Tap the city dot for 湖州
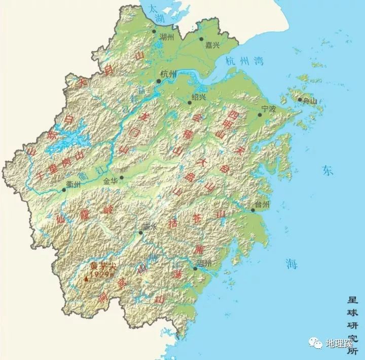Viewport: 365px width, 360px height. (154, 31)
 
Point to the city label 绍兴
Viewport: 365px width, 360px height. (199, 96)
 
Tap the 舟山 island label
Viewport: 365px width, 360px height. (309, 101)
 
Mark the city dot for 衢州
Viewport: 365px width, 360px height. (64, 190)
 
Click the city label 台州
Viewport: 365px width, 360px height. (263, 204)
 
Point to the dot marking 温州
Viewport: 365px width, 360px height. (195, 269)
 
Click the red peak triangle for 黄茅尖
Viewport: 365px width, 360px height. (86, 278)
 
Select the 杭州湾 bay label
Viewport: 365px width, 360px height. (244, 62)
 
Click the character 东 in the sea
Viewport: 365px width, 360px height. (327, 171)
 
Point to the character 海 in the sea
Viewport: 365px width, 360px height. (291, 263)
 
